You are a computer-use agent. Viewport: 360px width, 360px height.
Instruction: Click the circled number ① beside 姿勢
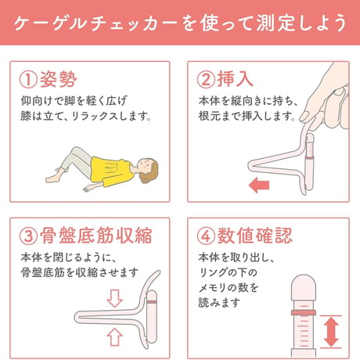pyautogui.click(x=28, y=80)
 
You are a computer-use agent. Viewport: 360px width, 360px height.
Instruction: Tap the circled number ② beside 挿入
pyautogui.click(x=206, y=80)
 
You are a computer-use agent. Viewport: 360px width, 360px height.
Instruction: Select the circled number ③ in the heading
pyautogui.click(x=28, y=236)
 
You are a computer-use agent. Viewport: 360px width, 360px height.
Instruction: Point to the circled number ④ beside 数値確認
pyautogui.click(x=206, y=236)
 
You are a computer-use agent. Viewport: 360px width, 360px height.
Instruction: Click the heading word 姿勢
pyautogui.click(x=59, y=79)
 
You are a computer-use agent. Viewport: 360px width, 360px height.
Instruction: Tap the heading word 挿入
pyautogui.click(x=236, y=79)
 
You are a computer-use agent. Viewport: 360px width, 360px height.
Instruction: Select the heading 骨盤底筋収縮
pyautogui.click(x=96, y=236)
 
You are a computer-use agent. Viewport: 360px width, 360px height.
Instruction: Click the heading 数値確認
pyautogui.click(x=255, y=236)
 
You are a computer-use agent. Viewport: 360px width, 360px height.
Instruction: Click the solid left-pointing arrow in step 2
pyautogui.click(x=259, y=185)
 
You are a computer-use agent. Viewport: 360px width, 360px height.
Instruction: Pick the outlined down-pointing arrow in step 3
pyautogui.click(x=114, y=298)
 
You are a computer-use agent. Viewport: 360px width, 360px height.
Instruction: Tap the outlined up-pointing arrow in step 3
pyautogui.click(x=114, y=337)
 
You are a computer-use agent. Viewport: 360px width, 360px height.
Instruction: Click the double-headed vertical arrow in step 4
pyautogui.click(x=331, y=332)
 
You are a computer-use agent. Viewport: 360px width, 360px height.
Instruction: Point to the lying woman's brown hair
pyautogui.click(x=150, y=171)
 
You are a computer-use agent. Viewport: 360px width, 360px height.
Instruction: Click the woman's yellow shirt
pyautogui.click(x=111, y=171)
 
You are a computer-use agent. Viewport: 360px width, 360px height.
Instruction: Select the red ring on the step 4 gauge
pyautogui.click(x=304, y=312)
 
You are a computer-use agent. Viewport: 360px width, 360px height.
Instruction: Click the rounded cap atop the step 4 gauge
pyautogui.click(x=304, y=287)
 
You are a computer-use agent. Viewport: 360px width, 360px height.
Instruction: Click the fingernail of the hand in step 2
pyautogui.click(x=304, y=117)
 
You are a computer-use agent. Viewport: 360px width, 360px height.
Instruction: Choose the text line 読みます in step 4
pyautogui.click(x=219, y=303)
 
